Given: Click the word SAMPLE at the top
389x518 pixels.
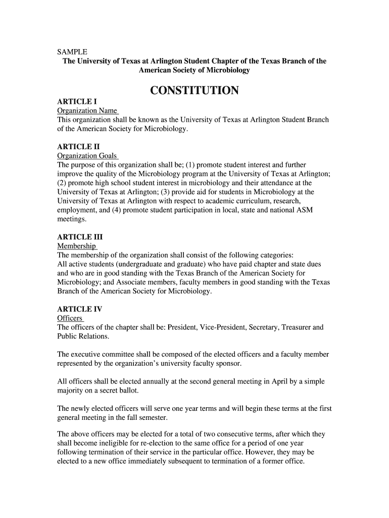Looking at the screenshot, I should (x=72, y=52).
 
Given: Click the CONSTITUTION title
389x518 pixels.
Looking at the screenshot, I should (x=194, y=91).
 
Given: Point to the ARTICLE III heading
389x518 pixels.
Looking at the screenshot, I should (x=80, y=237).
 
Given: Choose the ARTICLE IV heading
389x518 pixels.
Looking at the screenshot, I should (x=80, y=309).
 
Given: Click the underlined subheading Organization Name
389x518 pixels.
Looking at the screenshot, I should (x=87, y=111).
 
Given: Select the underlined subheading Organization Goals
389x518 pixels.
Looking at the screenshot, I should (x=87, y=156).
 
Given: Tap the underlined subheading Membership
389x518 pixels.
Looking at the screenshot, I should (x=77, y=246).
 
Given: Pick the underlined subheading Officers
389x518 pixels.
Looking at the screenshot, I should (x=70, y=318).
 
